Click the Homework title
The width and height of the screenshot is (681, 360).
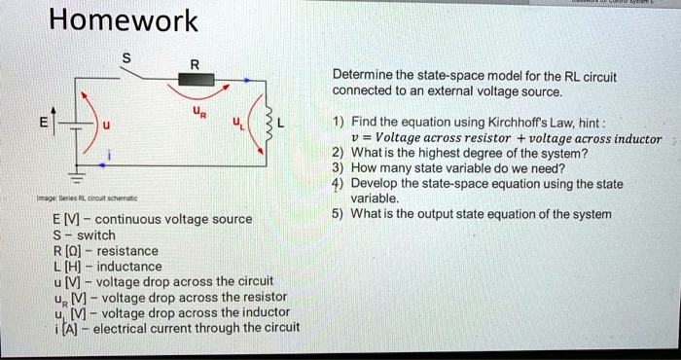click(123, 20)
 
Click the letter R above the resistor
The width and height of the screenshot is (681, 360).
click(195, 63)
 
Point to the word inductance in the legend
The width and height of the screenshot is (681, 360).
click(129, 266)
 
